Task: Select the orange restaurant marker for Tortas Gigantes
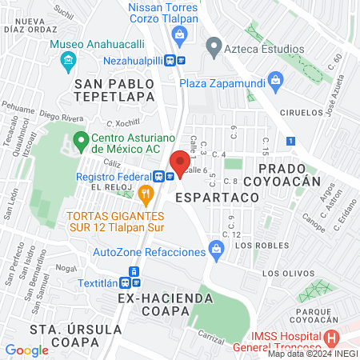(145, 193)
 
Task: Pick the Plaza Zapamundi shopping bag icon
(276, 80)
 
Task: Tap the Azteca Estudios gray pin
(213, 47)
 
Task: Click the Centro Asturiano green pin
(80, 142)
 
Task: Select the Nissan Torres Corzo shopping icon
(181, 34)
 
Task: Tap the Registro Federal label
(113, 176)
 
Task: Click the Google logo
(26, 350)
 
